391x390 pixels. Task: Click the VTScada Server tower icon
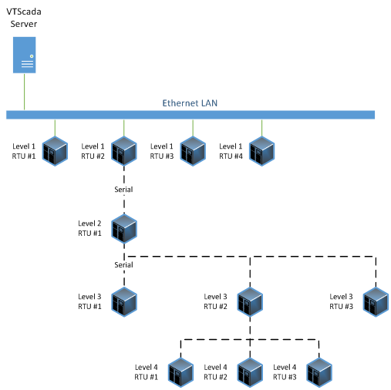25,55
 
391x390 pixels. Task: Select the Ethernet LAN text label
190,103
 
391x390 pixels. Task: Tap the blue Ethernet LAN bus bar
190,115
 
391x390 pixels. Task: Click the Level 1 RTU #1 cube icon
55,151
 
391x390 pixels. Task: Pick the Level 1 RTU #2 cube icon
124,151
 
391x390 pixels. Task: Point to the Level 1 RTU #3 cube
193,151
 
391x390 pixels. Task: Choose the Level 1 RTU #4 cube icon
261,151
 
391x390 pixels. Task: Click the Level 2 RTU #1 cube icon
124,229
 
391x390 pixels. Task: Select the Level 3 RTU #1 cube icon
124,302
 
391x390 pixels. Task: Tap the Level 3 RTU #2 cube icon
250,302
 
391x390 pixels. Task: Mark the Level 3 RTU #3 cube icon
376,302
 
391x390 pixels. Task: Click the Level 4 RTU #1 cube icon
180,372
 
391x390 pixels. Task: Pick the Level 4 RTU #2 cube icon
250,372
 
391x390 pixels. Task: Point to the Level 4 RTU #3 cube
319,372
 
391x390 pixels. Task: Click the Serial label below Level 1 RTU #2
123,190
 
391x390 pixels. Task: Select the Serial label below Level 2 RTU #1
123,264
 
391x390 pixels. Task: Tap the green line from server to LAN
25,92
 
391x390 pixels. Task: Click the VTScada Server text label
24,18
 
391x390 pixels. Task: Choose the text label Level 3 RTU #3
341,301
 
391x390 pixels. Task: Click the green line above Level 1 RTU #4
261,128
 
